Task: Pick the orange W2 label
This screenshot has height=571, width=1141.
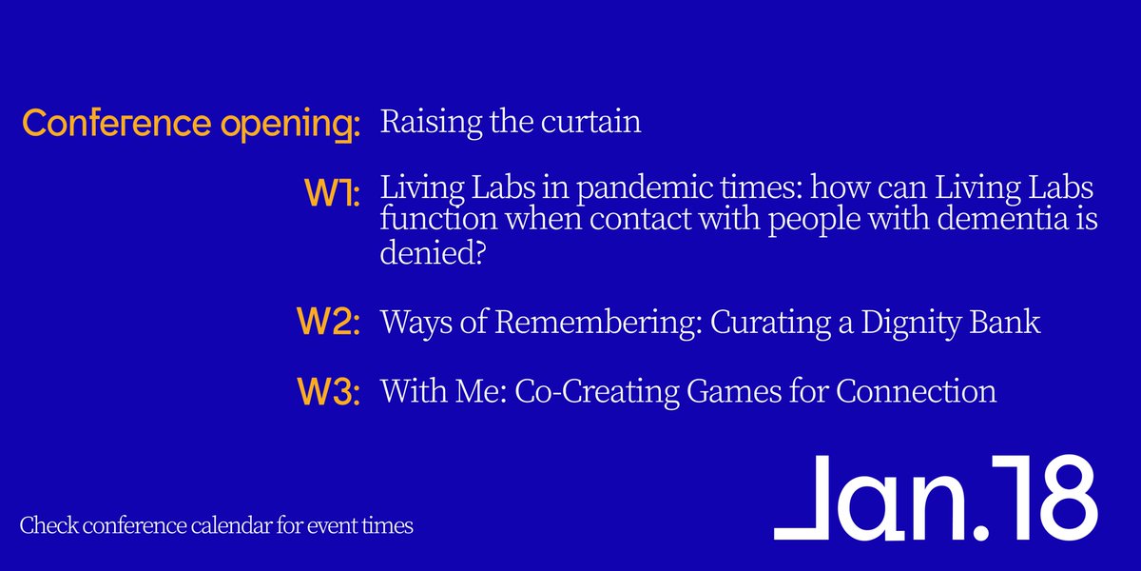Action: click(x=328, y=323)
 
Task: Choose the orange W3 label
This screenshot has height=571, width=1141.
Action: click(x=328, y=392)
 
